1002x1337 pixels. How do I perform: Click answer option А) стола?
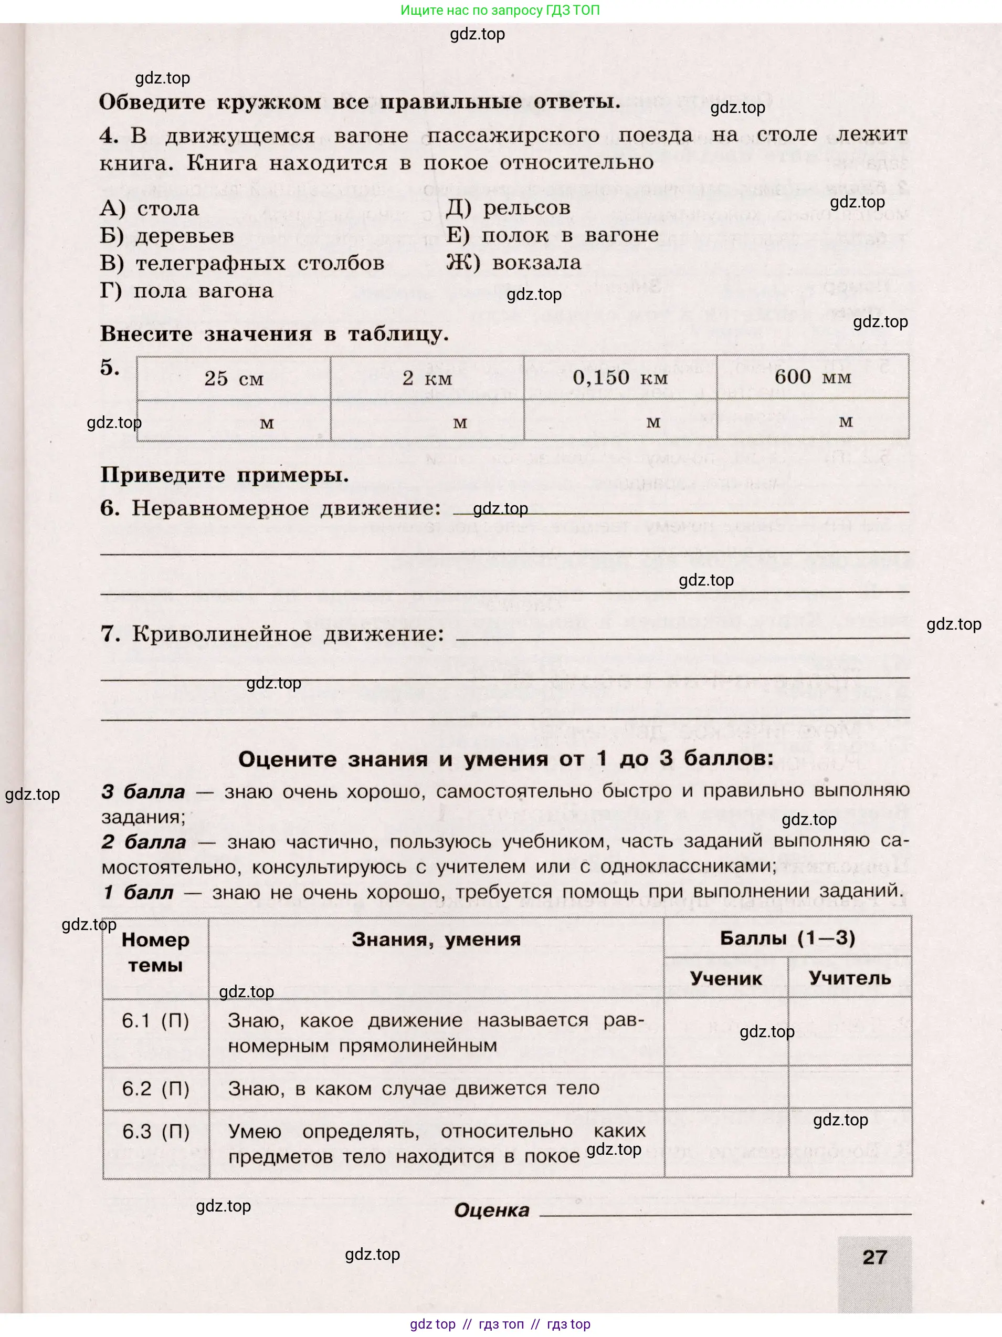pos(149,208)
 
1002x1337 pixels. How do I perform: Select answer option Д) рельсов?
pos(508,207)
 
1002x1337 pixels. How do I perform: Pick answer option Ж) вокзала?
pos(513,263)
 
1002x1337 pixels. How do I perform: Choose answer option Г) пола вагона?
pos(186,291)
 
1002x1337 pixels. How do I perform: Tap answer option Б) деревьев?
pos(167,236)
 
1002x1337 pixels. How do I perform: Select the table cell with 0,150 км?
pos(620,378)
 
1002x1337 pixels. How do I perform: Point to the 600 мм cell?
pos(813,377)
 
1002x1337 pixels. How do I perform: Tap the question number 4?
pos(109,135)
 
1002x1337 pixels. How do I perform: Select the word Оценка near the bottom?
pos(491,1210)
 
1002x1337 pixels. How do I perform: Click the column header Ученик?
pos(725,978)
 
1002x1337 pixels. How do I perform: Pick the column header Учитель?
pos(849,978)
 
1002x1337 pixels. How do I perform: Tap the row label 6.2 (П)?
pos(155,1089)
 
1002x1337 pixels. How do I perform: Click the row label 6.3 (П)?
pos(156,1132)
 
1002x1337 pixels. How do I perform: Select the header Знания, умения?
pos(436,939)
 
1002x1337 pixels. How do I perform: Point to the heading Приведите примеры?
pos(224,475)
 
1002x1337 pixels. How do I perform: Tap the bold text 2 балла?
pos(143,842)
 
